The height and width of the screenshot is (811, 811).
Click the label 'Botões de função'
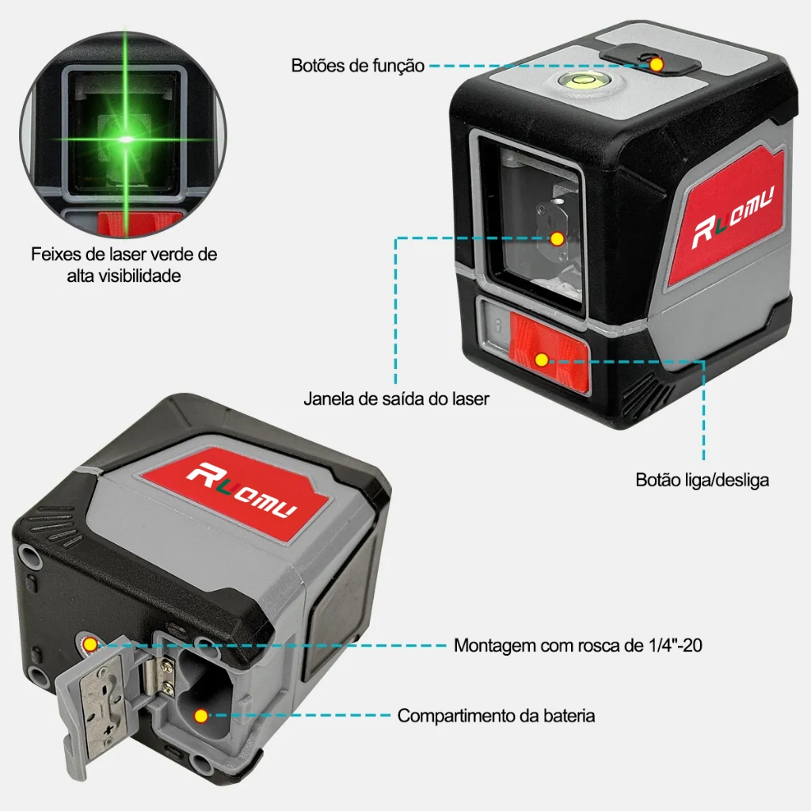point(357,66)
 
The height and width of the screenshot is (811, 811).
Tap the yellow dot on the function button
point(657,65)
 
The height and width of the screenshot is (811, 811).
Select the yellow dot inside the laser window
point(557,239)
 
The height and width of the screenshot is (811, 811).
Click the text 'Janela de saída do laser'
point(396,399)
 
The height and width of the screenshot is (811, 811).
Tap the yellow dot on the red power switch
point(542,360)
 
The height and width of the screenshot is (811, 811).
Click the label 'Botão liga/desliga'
point(702,480)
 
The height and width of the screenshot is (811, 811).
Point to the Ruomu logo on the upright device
point(733,216)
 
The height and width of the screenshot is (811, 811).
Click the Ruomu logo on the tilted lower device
point(242,489)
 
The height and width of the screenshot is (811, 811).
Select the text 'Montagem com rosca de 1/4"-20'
point(577,645)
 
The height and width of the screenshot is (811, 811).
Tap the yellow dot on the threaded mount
point(90,645)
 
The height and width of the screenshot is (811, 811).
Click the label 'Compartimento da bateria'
point(496,716)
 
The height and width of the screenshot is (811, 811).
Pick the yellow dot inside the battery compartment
point(200,716)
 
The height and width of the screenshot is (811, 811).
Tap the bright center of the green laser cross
point(126,139)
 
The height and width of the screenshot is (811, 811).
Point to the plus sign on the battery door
point(109,729)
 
